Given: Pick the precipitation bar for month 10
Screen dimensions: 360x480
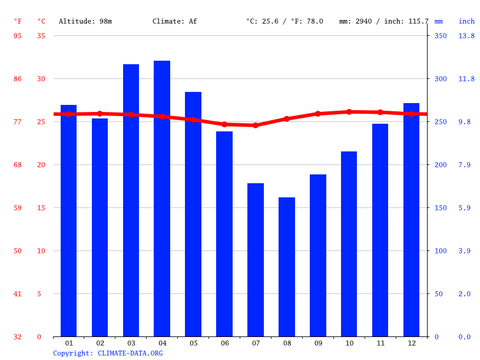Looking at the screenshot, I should point(349,244).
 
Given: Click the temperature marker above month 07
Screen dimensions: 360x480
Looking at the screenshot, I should point(256,125).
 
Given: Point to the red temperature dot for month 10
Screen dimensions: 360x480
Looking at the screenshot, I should point(349,112).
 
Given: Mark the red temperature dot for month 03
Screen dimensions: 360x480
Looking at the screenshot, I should point(131,114).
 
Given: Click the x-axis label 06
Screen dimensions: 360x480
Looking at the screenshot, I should point(224,343).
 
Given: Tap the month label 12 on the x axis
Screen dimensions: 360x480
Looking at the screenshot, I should point(411,343).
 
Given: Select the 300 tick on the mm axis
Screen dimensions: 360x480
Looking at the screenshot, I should point(441,79).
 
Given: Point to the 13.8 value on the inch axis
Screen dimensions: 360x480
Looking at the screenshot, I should point(466,36).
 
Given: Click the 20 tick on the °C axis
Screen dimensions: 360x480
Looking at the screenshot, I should point(39,165).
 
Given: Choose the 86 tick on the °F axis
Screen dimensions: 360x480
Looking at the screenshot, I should point(18,79).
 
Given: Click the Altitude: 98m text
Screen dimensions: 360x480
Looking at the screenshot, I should point(85,21).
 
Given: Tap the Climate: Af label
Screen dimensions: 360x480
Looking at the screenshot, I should point(175,21).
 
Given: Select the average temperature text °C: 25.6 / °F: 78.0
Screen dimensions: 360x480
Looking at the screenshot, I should point(284,21).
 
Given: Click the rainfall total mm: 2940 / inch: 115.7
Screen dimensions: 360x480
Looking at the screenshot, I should point(384,21).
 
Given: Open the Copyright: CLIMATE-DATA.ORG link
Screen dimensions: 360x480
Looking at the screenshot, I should point(108,354).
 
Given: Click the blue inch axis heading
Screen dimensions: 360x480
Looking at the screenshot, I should point(466,21).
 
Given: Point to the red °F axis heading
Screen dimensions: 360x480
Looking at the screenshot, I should point(18,21).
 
